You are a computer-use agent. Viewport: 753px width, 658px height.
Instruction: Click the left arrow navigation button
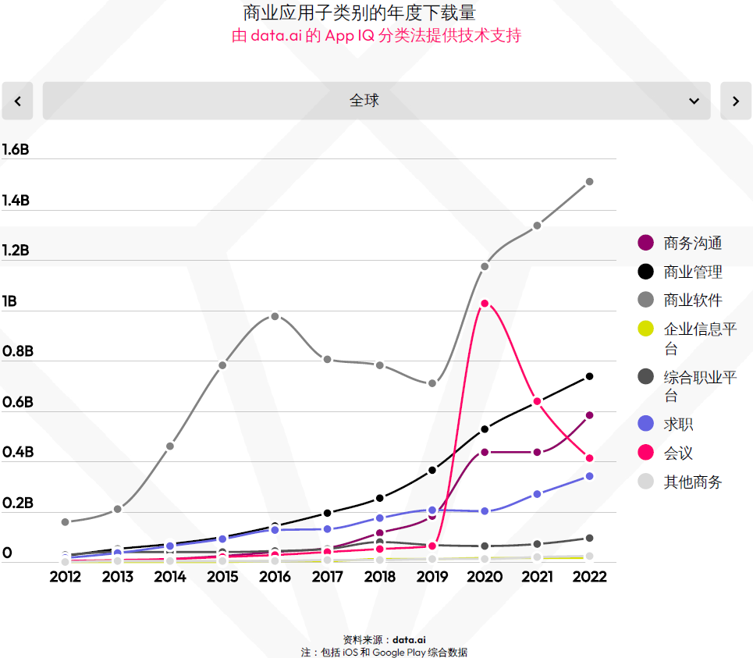(x=17, y=101)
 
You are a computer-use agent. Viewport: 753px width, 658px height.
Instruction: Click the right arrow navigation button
(x=735, y=101)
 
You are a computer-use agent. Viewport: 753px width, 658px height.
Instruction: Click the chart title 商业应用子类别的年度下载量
(x=359, y=12)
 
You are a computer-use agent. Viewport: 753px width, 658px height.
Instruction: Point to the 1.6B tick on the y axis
(x=16, y=150)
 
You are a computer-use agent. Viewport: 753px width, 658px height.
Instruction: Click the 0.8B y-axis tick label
(x=18, y=351)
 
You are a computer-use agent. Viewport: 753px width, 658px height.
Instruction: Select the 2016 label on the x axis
(x=275, y=577)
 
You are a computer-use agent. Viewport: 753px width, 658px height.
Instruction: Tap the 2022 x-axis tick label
(x=589, y=577)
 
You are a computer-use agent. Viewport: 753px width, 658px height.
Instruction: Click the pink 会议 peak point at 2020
(x=485, y=304)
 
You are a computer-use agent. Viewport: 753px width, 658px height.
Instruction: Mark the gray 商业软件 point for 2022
(x=589, y=182)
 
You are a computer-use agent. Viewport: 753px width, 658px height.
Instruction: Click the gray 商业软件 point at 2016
(x=275, y=316)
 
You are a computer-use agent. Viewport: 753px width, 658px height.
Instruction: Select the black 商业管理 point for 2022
(x=589, y=376)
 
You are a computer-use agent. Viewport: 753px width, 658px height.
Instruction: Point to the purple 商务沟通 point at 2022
(x=589, y=415)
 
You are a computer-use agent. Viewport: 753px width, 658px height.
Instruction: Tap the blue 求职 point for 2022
(x=589, y=476)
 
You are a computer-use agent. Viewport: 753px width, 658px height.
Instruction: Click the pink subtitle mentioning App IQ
(x=376, y=36)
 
